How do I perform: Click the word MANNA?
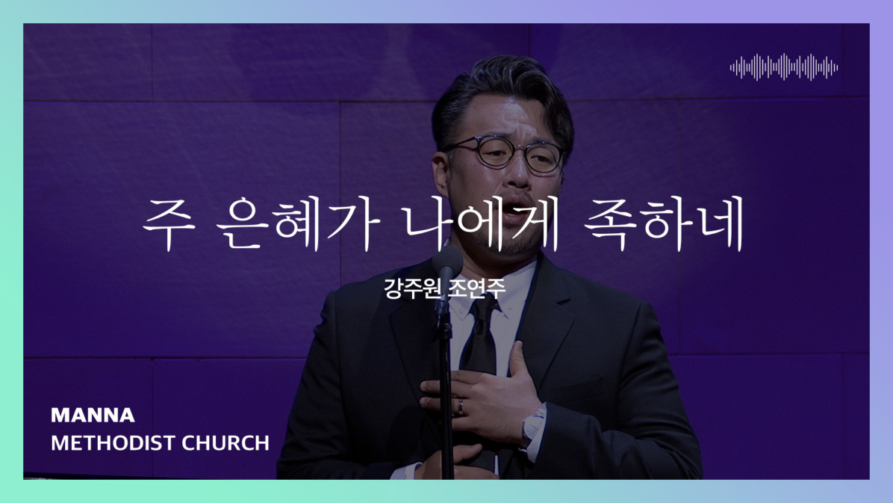93,415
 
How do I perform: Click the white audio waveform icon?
784,67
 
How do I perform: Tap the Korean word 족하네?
665,223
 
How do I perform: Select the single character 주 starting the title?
168,223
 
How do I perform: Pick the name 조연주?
476,288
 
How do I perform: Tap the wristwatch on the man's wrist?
534,424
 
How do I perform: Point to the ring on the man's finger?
460,406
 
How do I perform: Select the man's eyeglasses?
504,152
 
